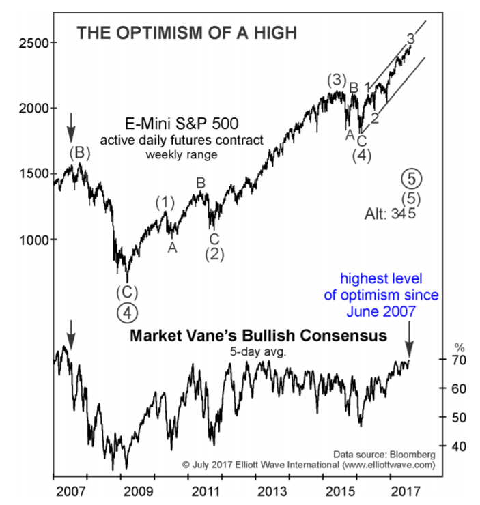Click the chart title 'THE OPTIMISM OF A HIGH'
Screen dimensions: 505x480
(178, 32)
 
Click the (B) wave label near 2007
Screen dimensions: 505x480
(80, 153)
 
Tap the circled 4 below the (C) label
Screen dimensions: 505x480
(126, 313)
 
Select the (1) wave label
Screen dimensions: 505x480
(165, 202)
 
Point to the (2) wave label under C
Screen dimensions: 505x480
(214, 254)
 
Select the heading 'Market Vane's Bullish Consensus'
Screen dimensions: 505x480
(258, 336)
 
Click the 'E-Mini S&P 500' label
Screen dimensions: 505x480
(182, 124)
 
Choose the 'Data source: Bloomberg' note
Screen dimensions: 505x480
(384, 453)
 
